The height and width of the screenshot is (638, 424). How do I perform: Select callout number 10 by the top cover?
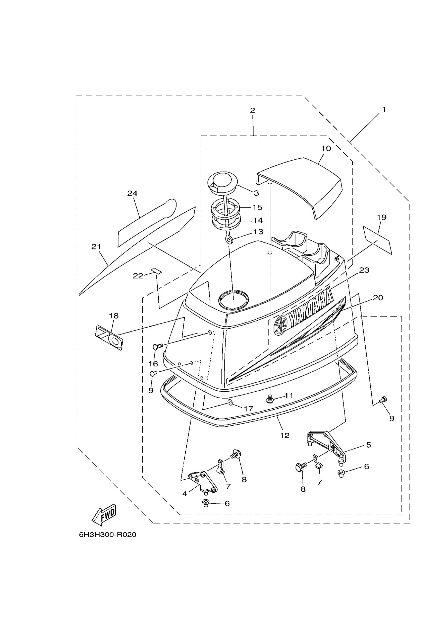click(x=326, y=148)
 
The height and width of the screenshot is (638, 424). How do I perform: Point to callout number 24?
click(x=132, y=193)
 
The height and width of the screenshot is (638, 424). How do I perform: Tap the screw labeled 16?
click(x=158, y=346)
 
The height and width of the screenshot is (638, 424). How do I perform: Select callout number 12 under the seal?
click(x=285, y=435)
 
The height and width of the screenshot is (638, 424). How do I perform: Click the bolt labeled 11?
click(x=270, y=398)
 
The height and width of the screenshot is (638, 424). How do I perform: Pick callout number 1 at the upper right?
click(x=383, y=110)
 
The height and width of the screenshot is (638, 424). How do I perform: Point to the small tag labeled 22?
click(x=156, y=271)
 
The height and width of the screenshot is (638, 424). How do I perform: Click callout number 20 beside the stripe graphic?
click(x=378, y=298)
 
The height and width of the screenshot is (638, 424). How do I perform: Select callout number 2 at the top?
click(x=252, y=110)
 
